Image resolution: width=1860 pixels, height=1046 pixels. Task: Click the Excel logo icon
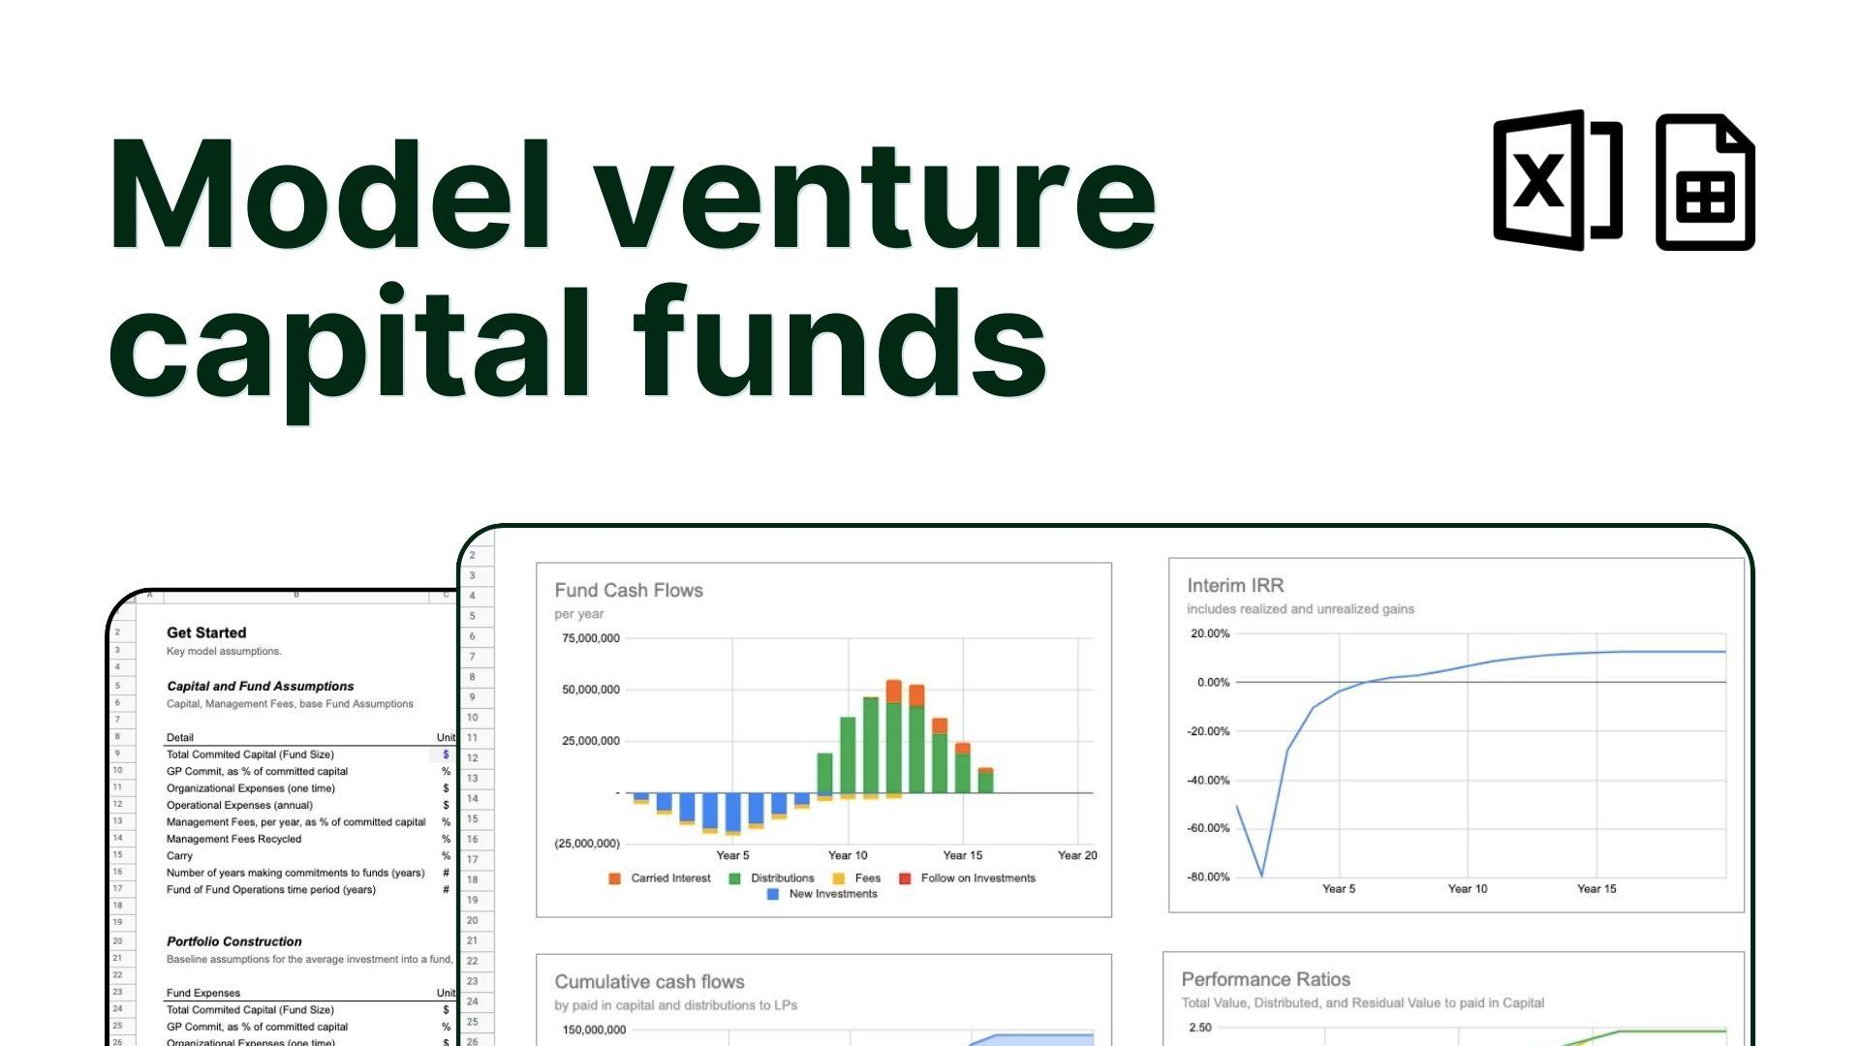tap(1557, 180)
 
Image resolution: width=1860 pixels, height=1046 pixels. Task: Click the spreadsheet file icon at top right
tap(1705, 182)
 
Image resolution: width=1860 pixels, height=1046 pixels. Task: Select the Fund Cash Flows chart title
tap(629, 590)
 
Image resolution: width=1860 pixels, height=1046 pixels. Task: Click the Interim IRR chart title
tap(1235, 585)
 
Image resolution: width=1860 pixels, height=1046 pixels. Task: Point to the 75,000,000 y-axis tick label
tap(591, 638)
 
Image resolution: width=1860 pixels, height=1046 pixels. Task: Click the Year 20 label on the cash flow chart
tap(1077, 855)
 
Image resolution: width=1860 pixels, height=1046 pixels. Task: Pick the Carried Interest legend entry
tap(660, 878)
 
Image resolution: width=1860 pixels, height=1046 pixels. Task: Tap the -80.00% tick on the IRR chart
tap(1209, 877)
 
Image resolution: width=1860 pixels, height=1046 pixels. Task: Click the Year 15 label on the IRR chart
tap(1596, 888)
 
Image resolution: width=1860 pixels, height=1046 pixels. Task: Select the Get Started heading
tap(206, 632)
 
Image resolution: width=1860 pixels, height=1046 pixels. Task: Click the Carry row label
tap(179, 856)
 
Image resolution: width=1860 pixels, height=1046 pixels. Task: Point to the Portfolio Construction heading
tap(233, 941)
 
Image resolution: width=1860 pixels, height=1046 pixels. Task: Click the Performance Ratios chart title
tap(1265, 979)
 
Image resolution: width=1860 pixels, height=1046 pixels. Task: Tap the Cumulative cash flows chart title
tap(649, 981)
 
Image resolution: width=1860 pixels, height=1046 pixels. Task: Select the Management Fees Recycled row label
tap(233, 839)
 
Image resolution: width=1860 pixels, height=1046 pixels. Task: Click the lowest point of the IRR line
tap(1261, 876)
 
